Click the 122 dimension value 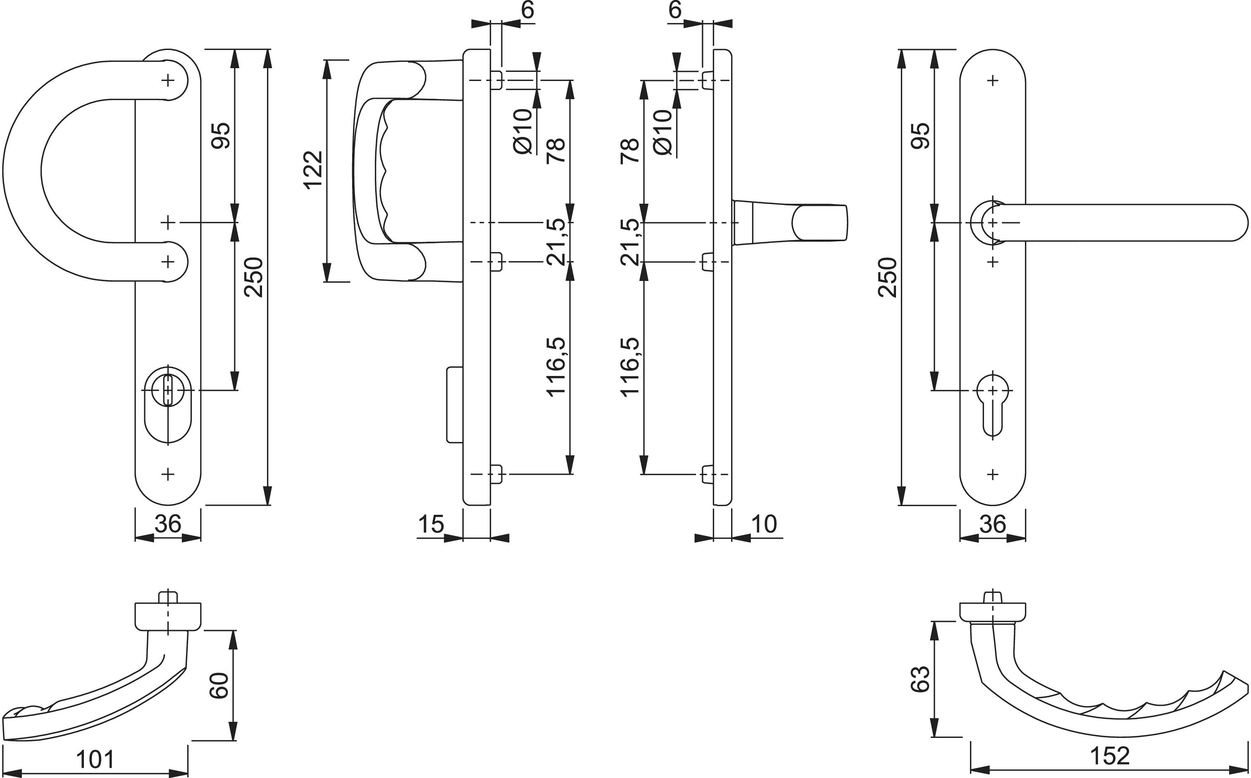(x=313, y=170)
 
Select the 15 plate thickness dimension (x=431, y=524)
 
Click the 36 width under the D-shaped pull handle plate (x=168, y=524)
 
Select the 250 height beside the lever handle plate (x=887, y=277)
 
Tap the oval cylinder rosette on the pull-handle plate (x=168, y=404)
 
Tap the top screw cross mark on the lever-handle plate (x=993, y=80)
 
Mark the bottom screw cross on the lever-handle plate (x=993, y=474)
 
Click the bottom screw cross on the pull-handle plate (x=168, y=474)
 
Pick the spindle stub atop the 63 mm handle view (x=993, y=597)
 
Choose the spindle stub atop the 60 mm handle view (x=168, y=597)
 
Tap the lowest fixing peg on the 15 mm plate (x=496, y=474)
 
